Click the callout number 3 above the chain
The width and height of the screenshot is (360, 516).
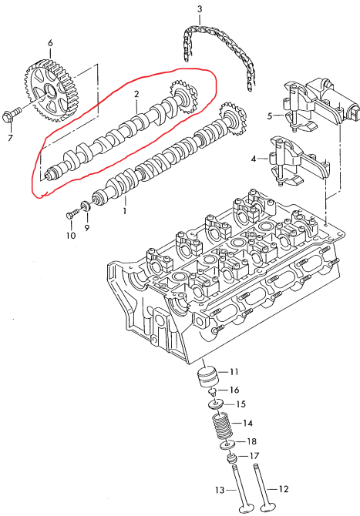coord(199,9)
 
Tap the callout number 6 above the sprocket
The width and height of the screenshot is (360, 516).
coord(50,42)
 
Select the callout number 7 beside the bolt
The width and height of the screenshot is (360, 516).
coord(10,138)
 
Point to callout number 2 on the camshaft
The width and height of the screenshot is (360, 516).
coord(136,95)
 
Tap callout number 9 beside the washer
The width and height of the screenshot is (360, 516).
coord(86,227)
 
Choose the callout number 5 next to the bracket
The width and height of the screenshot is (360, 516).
coord(270,116)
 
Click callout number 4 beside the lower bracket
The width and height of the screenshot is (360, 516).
coord(253,159)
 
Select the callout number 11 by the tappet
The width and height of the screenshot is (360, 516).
coord(234,372)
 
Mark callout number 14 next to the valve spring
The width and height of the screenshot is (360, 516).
coord(247,423)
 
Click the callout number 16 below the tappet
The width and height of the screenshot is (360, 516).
coord(234,390)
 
